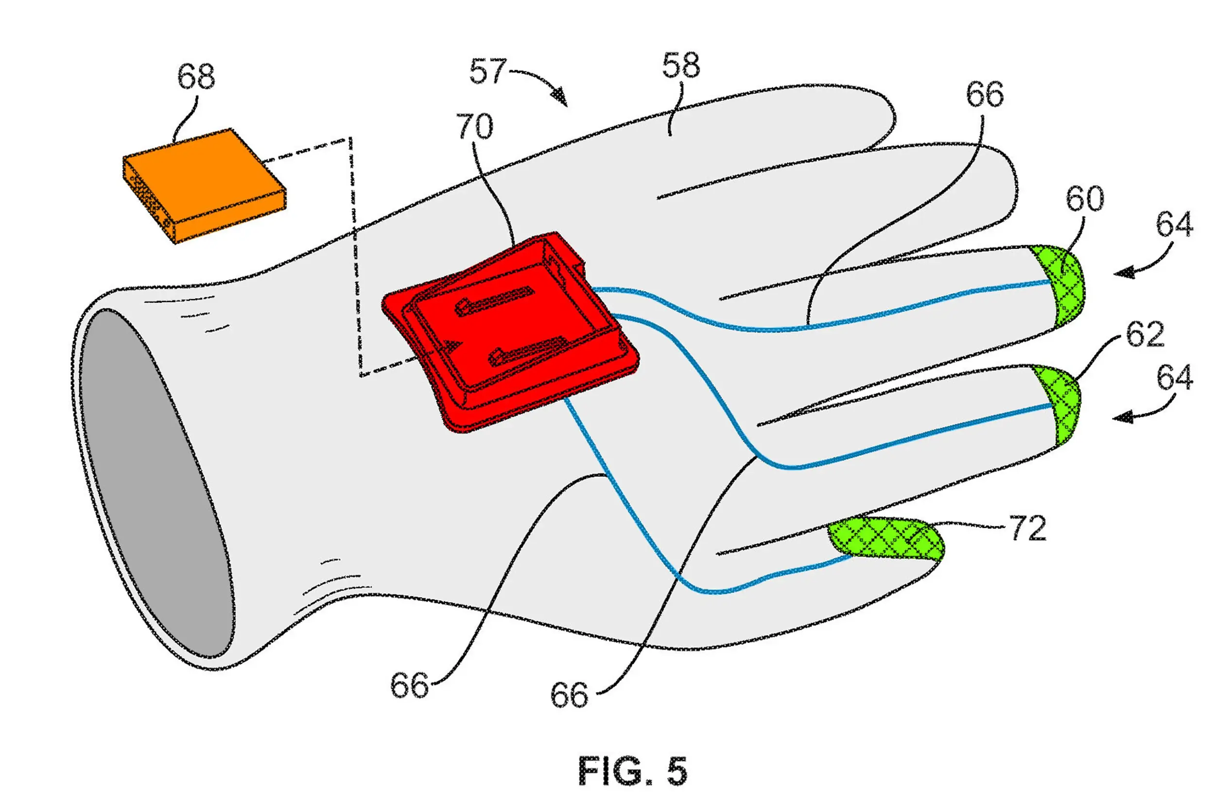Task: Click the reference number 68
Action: [x=196, y=77]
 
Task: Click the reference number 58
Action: [x=681, y=66]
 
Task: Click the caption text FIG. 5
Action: [x=633, y=771]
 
